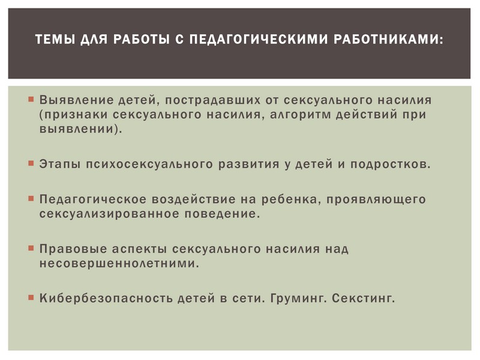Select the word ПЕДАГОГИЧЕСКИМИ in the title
click(x=259, y=39)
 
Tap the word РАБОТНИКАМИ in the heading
click(x=388, y=39)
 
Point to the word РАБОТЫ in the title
click(x=142, y=39)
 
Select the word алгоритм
click(x=301, y=115)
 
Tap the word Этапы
click(x=59, y=164)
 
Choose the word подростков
click(x=391, y=164)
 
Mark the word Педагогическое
click(x=93, y=200)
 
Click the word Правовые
click(x=73, y=249)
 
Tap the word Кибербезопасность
click(x=106, y=298)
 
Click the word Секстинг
click(x=364, y=298)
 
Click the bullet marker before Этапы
click(x=31, y=163)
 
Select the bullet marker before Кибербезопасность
click(x=31, y=297)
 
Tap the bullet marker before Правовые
click(x=31, y=248)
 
